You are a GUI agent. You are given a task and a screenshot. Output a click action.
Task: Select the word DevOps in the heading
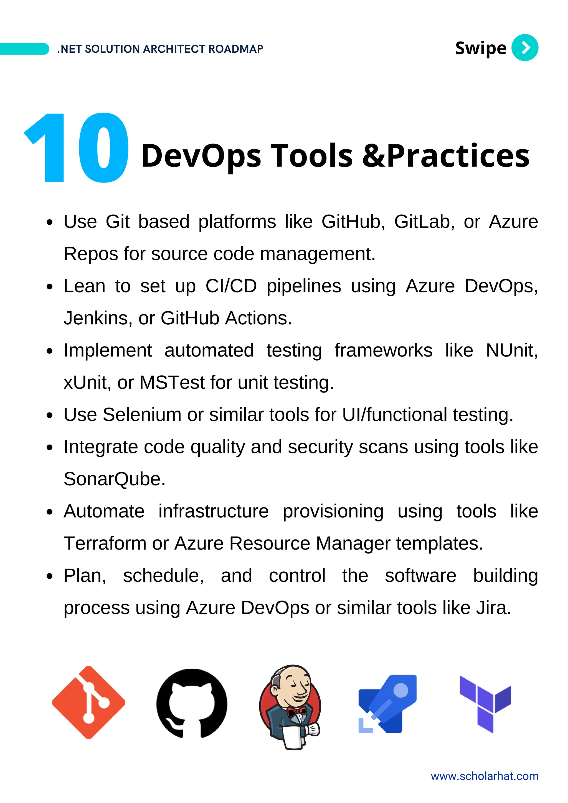tap(201, 156)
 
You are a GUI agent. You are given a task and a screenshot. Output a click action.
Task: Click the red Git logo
tap(88, 703)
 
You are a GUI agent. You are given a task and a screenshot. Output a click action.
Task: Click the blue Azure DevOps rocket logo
tap(387, 703)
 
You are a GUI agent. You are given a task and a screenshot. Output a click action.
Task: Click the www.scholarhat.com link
tap(484, 776)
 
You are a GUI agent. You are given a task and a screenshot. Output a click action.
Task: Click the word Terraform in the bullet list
tap(105, 543)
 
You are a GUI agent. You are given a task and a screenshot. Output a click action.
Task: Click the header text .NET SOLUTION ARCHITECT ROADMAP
tap(160, 49)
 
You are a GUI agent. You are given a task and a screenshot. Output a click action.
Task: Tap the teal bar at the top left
tap(24, 49)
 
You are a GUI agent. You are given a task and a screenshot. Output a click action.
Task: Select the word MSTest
tap(172, 383)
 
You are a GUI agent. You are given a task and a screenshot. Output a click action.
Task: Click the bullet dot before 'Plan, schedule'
tap(50, 576)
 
